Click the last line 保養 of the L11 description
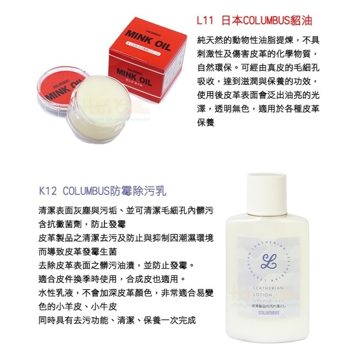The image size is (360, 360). [x=206, y=122]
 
